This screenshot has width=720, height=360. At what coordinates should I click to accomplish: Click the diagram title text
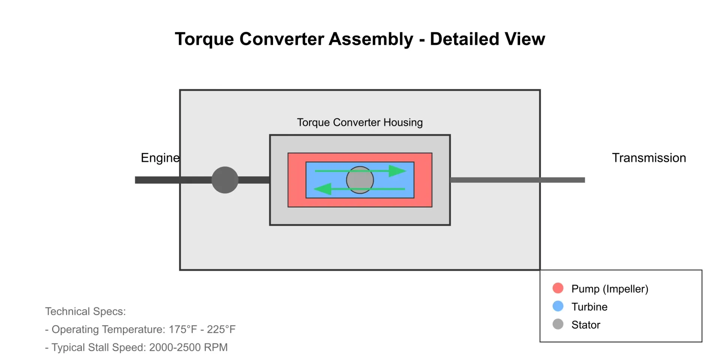click(x=360, y=39)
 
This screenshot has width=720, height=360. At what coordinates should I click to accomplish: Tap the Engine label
click(x=160, y=158)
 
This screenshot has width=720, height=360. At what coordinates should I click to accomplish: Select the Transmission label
click(x=649, y=158)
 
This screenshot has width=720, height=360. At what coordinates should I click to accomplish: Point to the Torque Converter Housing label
click(x=360, y=123)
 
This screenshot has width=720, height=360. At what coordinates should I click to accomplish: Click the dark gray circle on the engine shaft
click(x=225, y=180)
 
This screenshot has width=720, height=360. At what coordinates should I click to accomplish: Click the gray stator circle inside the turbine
click(x=360, y=180)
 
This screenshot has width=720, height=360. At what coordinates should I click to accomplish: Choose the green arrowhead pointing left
click(x=322, y=189)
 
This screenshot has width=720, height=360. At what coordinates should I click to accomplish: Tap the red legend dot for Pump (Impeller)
click(x=558, y=288)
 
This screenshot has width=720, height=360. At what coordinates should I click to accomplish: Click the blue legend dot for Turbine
click(x=558, y=306)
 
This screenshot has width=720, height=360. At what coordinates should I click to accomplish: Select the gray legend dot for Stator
click(x=558, y=324)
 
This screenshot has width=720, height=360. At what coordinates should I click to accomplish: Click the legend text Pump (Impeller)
click(x=610, y=289)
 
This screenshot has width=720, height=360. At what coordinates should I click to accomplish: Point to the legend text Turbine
click(x=589, y=307)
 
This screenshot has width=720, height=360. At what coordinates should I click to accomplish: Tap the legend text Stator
click(x=586, y=325)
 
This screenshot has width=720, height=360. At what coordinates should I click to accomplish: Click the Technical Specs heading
click(x=85, y=312)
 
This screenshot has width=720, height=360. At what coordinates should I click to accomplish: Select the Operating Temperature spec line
click(x=140, y=330)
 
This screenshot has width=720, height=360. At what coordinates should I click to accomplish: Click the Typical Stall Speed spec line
click(x=136, y=348)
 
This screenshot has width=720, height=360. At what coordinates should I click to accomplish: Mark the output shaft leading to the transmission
click(x=517, y=180)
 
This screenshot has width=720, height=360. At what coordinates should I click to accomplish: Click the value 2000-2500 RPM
click(x=188, y=347)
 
